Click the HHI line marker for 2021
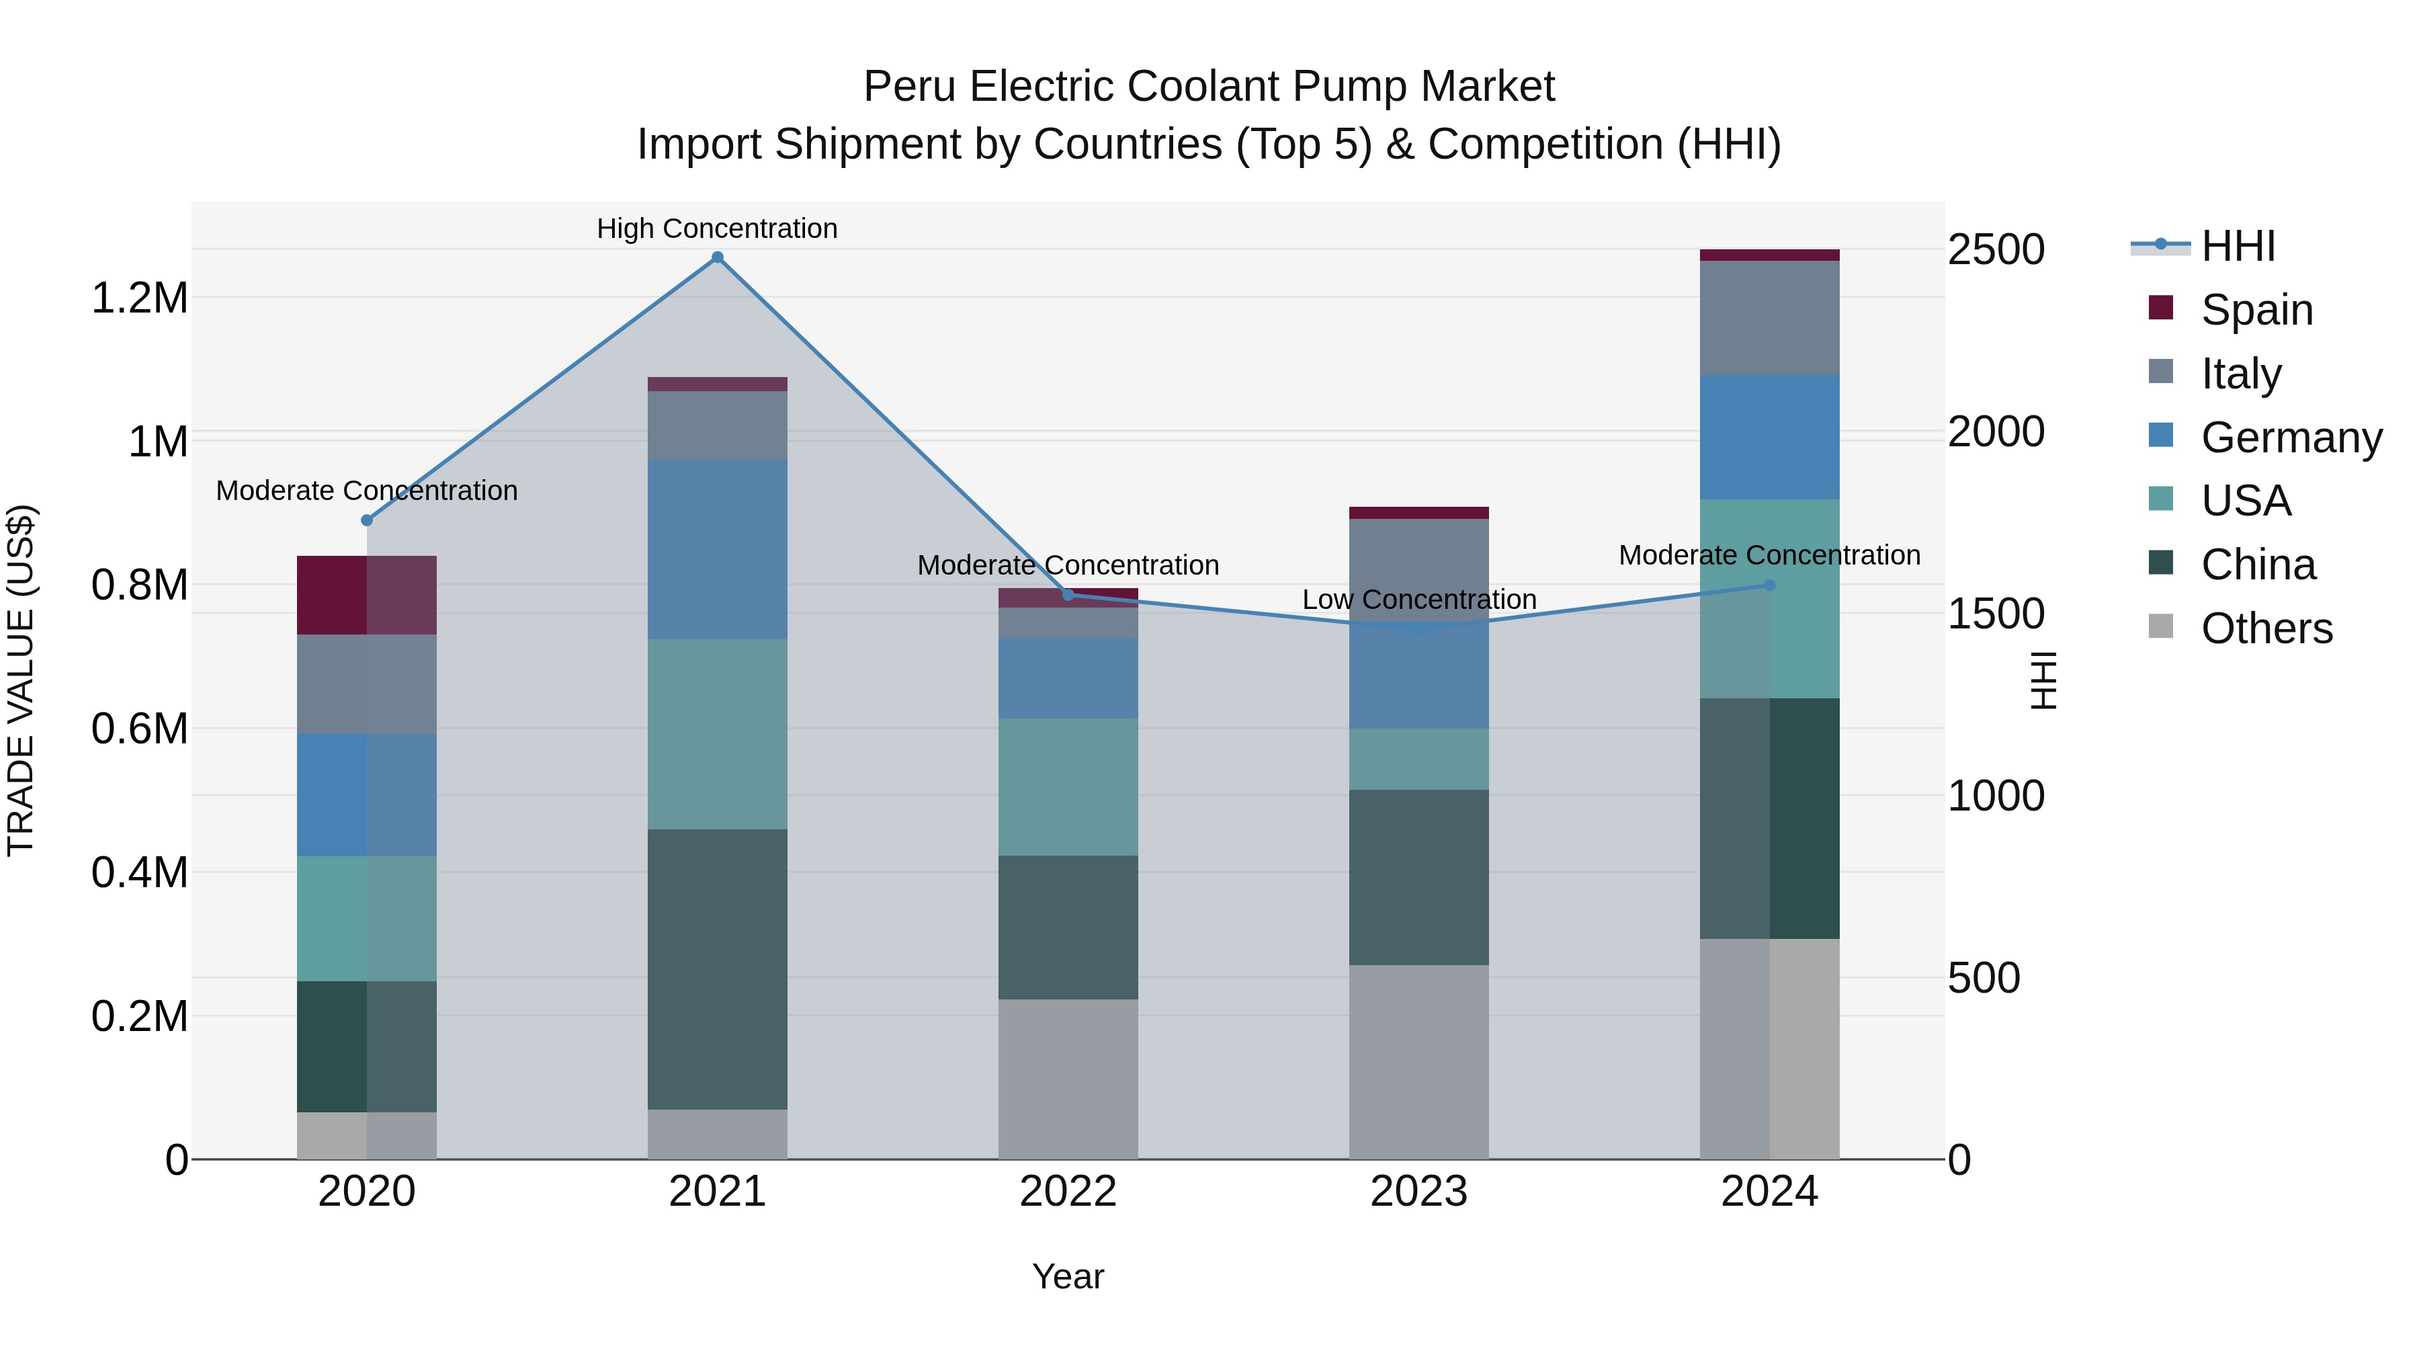(718, 257)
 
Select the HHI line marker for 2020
(367, 520)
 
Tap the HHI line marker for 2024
(1769, 585)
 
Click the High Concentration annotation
(718, 229)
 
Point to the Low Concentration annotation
(1419, 600)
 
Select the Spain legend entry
(2256, 310)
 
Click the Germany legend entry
(2291, 438)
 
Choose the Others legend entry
(2266, 628)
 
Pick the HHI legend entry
(2238, 246)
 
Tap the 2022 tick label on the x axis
(1068, 1192)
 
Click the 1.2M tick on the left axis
(139, 298)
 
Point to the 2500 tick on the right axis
(1996, 250)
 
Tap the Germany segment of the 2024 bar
(1769, 437)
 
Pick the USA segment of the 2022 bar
(1068, 786)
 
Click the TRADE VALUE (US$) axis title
(21, 680)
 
